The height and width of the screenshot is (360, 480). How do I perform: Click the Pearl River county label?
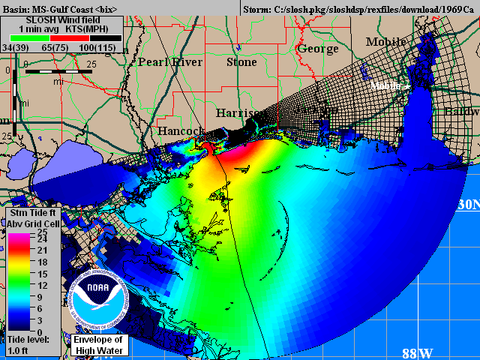[170, 62]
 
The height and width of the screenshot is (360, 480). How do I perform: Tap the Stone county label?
[241, 62]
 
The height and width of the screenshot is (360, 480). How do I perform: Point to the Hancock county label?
[181, 131]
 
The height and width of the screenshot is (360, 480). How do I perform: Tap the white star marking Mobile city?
[407, 87]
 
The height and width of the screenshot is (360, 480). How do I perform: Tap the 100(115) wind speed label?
[98, 47]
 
